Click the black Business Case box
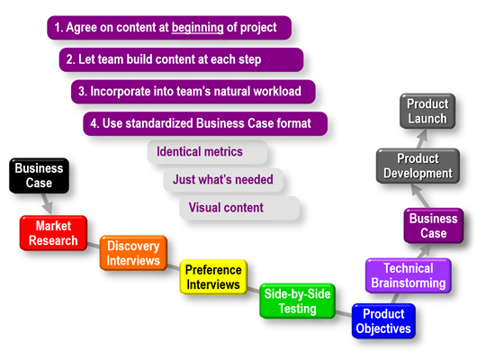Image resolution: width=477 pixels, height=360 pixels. coord(39,175)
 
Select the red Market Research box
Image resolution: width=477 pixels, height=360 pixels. coord(53,233)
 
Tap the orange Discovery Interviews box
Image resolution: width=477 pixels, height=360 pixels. coord(133,253)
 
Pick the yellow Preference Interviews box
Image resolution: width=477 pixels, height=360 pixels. coord(213,277)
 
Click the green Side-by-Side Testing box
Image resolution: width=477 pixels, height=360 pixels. coord(298,301)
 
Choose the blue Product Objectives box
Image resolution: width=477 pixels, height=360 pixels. coord(383,321)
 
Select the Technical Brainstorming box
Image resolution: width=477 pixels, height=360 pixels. coord(409,275)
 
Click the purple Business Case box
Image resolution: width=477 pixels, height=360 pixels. coord(434,226)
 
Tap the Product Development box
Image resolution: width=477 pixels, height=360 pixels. coord(418,166)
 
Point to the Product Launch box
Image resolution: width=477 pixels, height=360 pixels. coord(427,111)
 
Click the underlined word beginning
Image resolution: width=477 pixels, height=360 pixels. coord(198,28)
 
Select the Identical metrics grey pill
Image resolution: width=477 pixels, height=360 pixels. coord(207,152)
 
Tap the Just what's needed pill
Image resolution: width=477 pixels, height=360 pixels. coord(223,180)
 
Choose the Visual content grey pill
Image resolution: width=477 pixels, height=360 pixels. coord(239,208)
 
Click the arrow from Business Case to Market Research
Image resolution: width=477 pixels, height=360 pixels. coord(47,204)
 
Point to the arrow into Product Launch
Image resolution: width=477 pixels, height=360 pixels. coord(421,139)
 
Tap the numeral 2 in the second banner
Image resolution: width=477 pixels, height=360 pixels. coord(69,59)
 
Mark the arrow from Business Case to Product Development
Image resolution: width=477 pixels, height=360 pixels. coord(420,196)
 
